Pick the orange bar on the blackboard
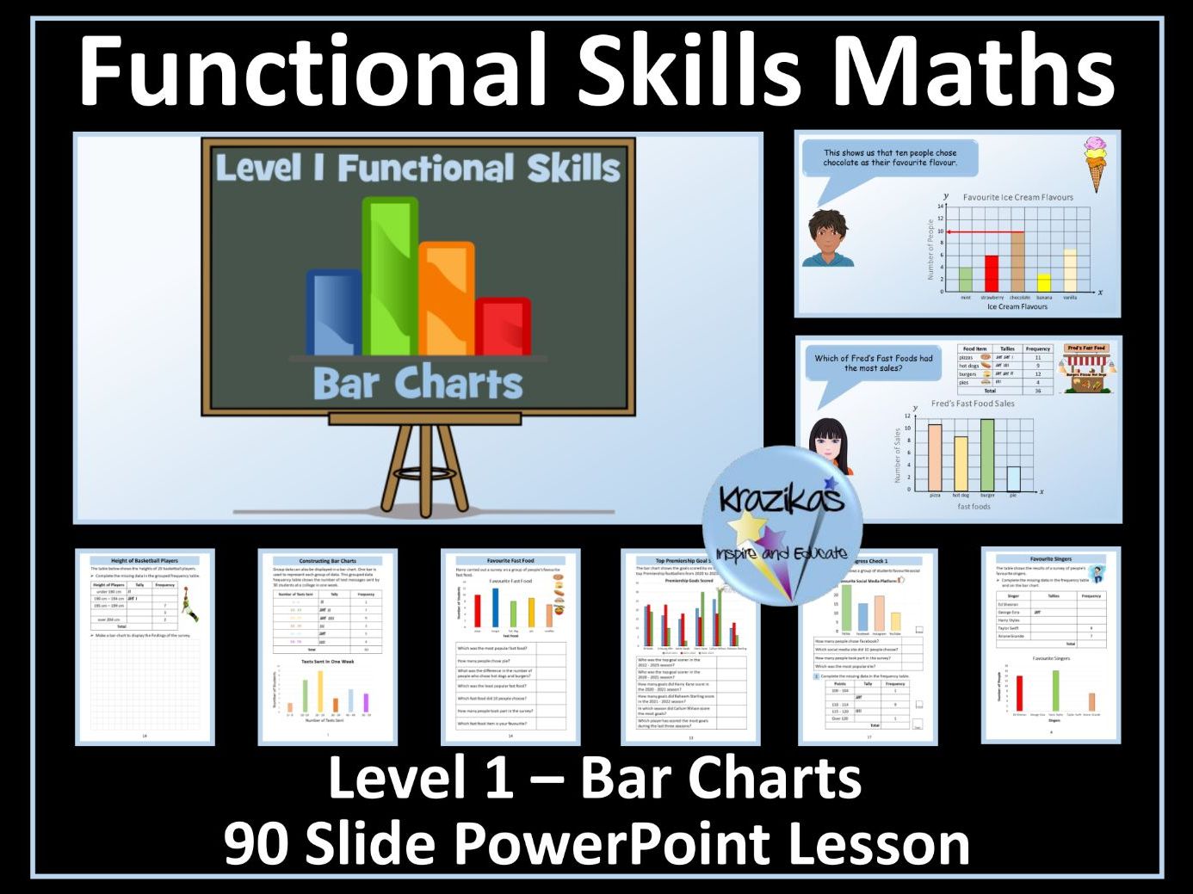(446, 298)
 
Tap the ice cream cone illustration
(1095, 163)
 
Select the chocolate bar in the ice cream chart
(1018, 262)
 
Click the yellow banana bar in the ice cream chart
(1043, 282)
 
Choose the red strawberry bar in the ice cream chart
(992, 274)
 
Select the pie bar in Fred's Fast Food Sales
(1013, 478)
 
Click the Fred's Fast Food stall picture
(1086, 368)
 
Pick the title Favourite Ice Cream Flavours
(1017, 197)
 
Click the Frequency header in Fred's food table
(1037, 348)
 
